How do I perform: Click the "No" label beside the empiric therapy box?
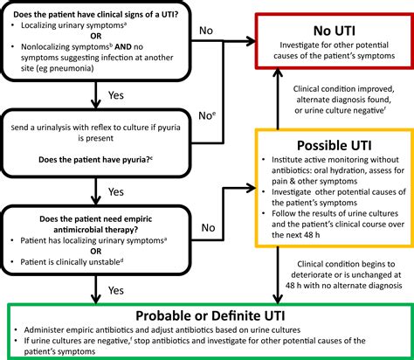[x=209, y=228]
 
